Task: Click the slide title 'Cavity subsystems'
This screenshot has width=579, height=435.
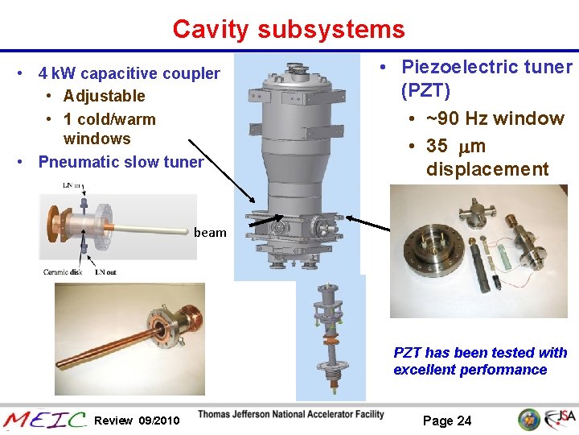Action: click(x=288, y=30)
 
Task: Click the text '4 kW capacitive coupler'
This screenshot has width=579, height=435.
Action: click(x=129, y=74)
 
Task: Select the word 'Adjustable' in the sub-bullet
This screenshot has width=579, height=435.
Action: click(x=105, y=96)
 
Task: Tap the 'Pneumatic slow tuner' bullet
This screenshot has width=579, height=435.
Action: click(x=121, y=162)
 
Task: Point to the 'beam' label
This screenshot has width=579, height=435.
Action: click(x=210, y=233)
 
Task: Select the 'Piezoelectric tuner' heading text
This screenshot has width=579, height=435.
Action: click(x=487, y=67)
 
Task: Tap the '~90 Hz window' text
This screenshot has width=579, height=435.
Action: click(x=495, y=118)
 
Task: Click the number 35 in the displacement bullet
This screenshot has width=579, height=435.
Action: click(x=437, y=146)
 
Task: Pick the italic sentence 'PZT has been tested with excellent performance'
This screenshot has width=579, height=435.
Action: click(x=479, y=362)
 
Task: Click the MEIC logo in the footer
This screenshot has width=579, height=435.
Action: click(x=44, y=419)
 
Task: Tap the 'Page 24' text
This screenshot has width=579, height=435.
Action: click(x=447, y=420)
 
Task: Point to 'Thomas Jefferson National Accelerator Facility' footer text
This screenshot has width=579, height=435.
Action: click(x=290, y=415)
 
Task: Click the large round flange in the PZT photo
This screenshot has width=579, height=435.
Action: click(x=432, y=245)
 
